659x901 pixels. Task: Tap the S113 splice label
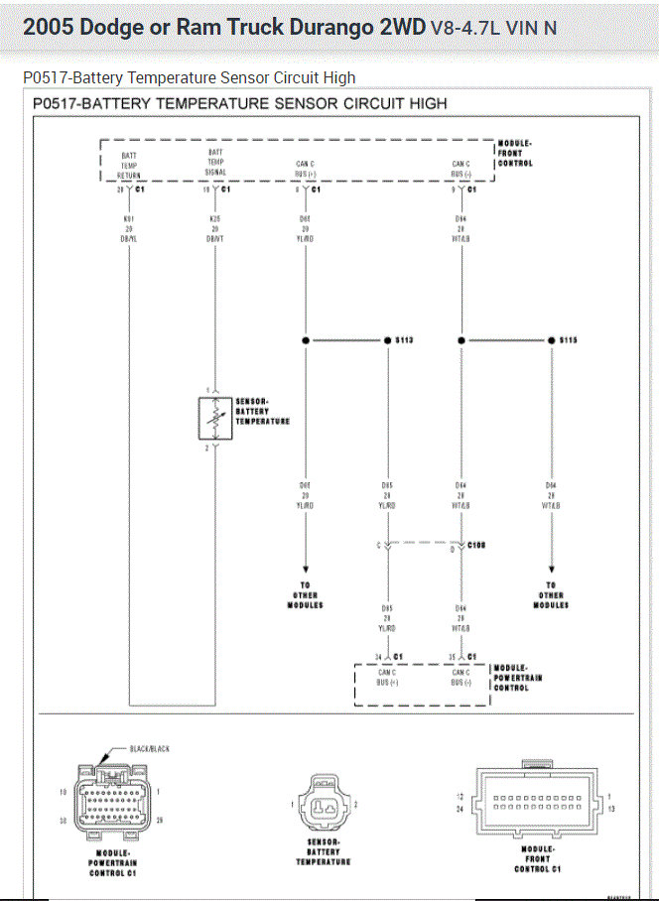coord(403,340)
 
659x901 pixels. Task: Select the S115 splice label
coord(568,340)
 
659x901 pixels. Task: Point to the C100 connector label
coord(476,546)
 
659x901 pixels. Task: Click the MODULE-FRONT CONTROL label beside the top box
coord(515,154)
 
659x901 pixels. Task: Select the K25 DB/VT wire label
coord(215,227)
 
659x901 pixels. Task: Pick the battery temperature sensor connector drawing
coord(324,804)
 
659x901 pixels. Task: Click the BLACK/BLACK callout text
coord(149,748)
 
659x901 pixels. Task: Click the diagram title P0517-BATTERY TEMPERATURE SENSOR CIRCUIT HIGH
coord(239,103)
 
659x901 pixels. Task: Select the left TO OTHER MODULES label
coord(305,595)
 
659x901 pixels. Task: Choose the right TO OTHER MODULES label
coord(551,595)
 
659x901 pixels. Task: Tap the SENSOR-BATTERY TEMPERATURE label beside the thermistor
coord(262,412)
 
